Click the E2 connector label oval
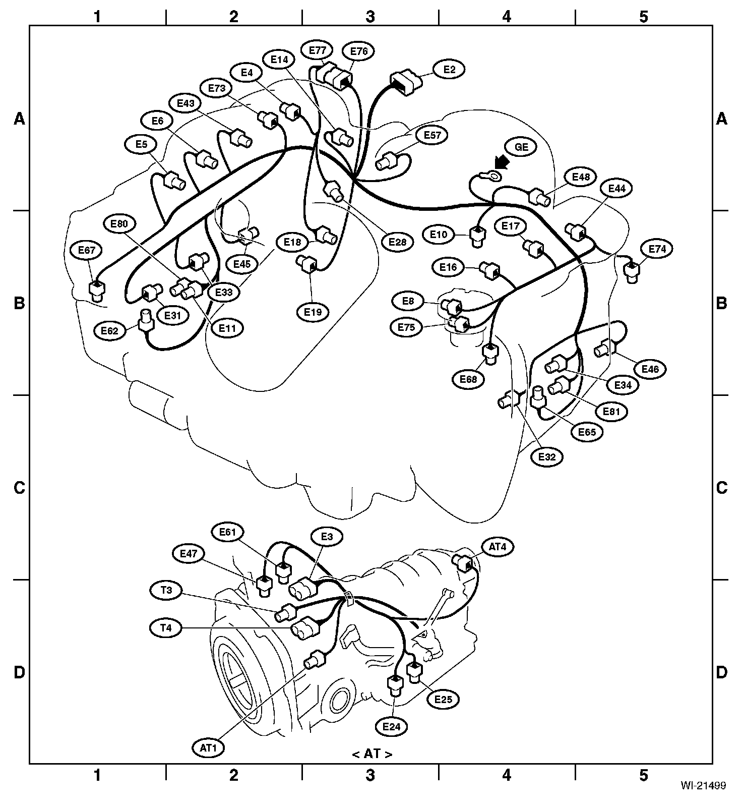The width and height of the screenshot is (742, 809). [x=450, y=70]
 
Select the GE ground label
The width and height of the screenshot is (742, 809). [x=521, y=147]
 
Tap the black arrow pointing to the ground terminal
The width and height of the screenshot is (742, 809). [x=502, y=162]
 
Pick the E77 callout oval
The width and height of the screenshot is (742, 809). [x=318, y=50]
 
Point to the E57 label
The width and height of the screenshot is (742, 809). [x=432, y=135]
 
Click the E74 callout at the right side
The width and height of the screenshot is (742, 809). [x=657, y=249]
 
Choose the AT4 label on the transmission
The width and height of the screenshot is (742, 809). [x=498, y=546]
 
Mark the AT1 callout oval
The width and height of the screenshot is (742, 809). [x=208, y=748]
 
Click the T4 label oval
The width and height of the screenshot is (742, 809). [x=166, y=628]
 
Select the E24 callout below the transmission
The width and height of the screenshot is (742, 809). [x=391, y=727]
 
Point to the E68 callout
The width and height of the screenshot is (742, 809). [x=468, y=379]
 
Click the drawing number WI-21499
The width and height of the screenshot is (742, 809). [x=703, y=785]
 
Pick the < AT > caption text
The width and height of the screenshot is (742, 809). [x=372, y=754]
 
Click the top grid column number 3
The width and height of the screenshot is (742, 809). [x=370, y=17]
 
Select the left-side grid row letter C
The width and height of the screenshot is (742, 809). [x=19, y=488]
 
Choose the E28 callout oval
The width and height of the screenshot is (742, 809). [x=397, y=242]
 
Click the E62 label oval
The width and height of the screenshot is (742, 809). [x=109, y=331]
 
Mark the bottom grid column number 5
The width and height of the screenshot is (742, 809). [x=644, y=775]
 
